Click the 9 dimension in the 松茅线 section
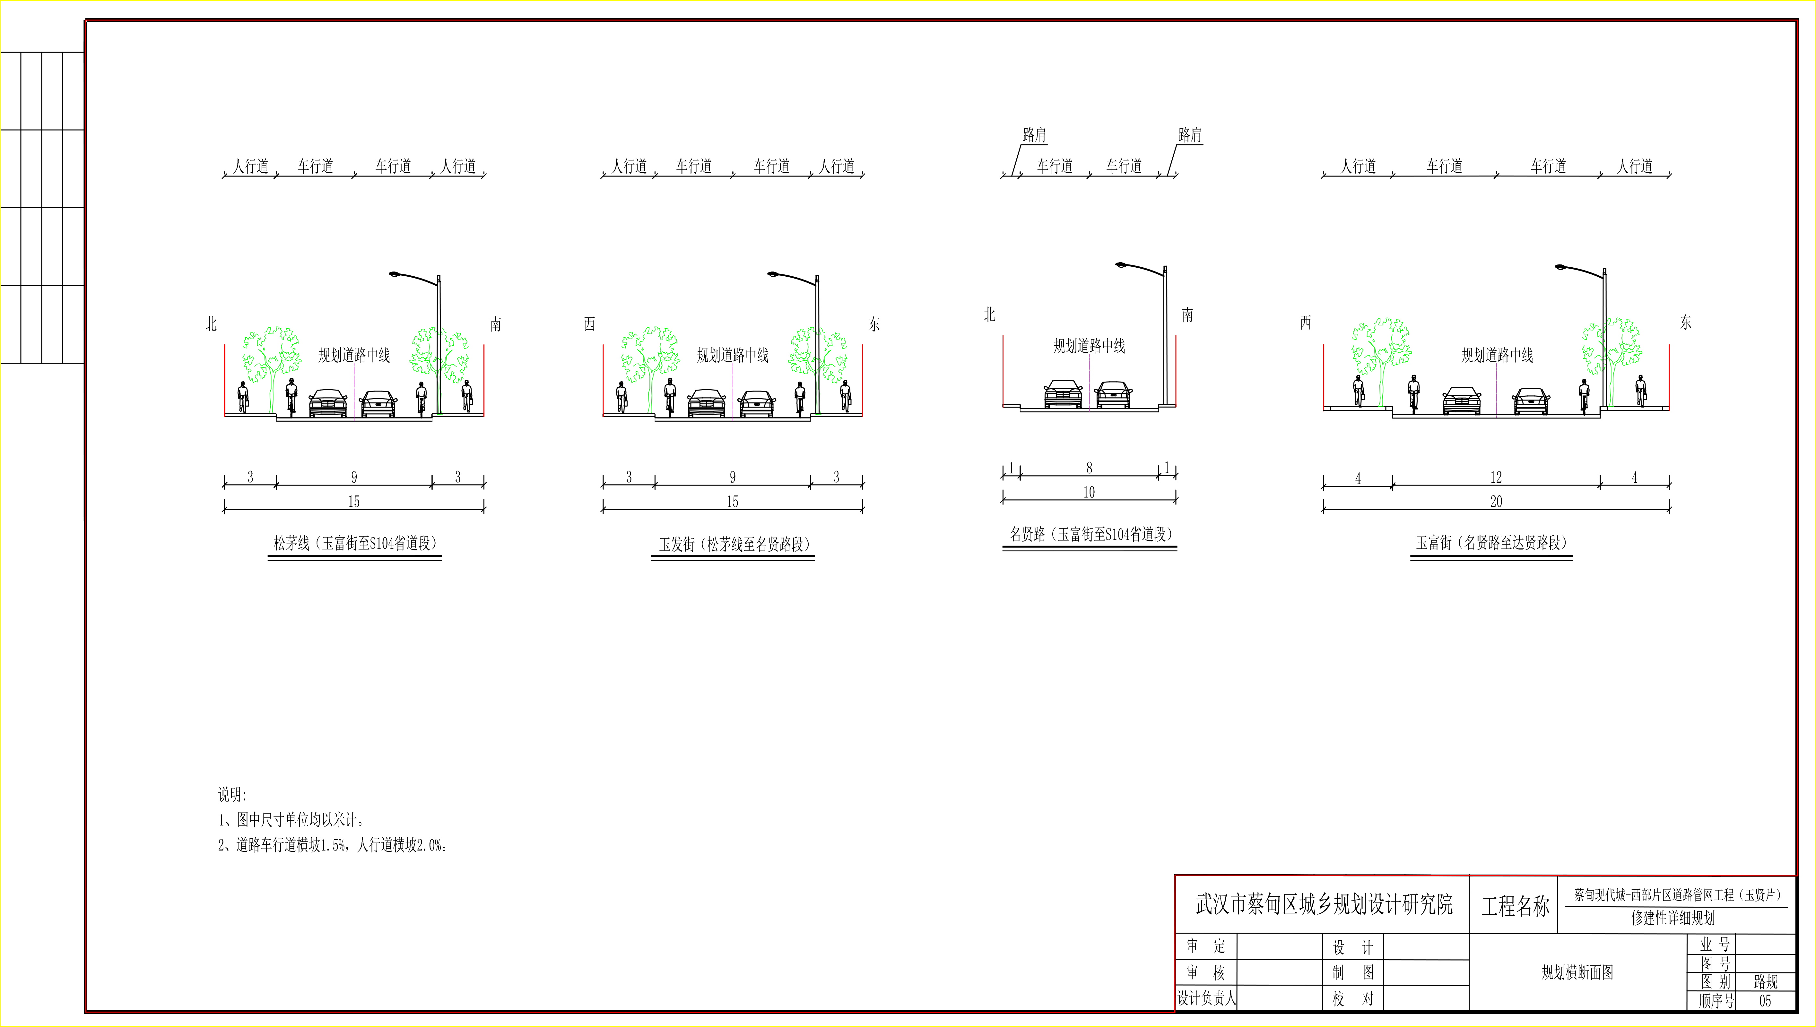coord(354,477)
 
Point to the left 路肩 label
coord(1034,135)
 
